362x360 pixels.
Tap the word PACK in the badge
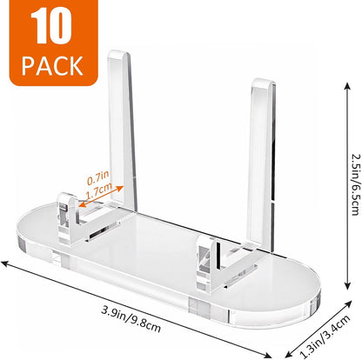(x=52, y=66)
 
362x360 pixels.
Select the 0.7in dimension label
(x=98, y=177)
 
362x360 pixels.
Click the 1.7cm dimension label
(x=99, y=190)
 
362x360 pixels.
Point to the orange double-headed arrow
(x=101, y=197)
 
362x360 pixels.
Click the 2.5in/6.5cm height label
(x=357, y=184)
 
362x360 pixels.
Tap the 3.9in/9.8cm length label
(x=131, y=319)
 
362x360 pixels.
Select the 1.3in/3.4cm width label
(x=325, y=337)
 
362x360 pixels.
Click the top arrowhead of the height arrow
(x=347, y=86)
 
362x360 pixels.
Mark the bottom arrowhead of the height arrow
(x=347, y=285)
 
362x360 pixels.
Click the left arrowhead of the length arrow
(x=6, y=263)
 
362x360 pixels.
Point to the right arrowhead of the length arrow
(x=267, y=355)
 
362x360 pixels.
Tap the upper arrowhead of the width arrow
(x=348, y=304)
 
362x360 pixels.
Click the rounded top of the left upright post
(x=118, y=54)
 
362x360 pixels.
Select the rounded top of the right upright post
(x=264, y=83)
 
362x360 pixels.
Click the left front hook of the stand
(x=68, y=217)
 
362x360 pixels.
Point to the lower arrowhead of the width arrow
(x=290, y=354)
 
